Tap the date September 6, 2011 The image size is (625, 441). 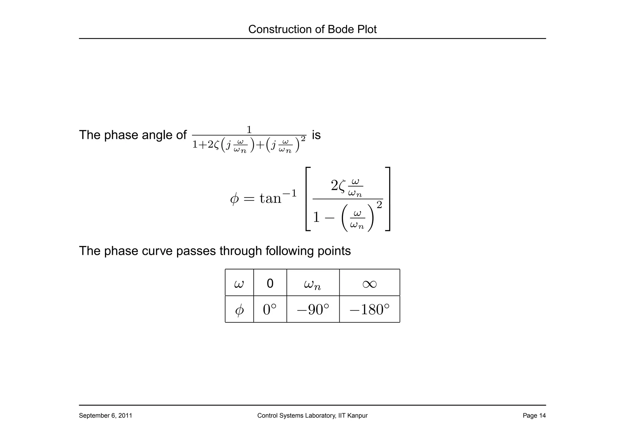tap(105, 416)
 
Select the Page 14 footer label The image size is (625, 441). tap(534, 416)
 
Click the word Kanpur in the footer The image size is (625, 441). tap(358, 416)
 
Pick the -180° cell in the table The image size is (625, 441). tap(370, 310)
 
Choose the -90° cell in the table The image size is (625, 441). tap(313, 310)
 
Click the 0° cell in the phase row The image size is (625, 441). tap(270, 310)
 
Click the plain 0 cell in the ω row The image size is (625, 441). tap(270, 283)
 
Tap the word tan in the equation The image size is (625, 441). tap(270, 198)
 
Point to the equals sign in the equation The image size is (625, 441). tap(249, 199)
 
